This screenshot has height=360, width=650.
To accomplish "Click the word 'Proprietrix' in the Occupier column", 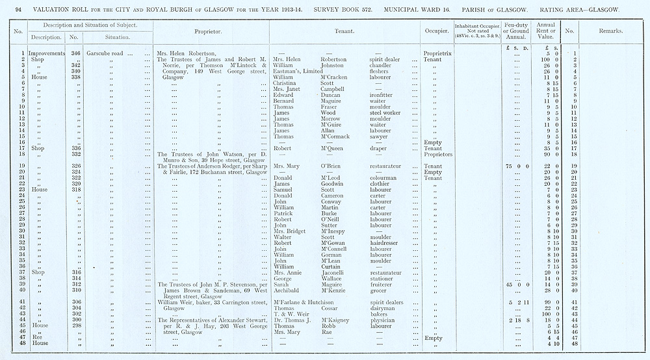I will pyautogui.click(x=437, y=53).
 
